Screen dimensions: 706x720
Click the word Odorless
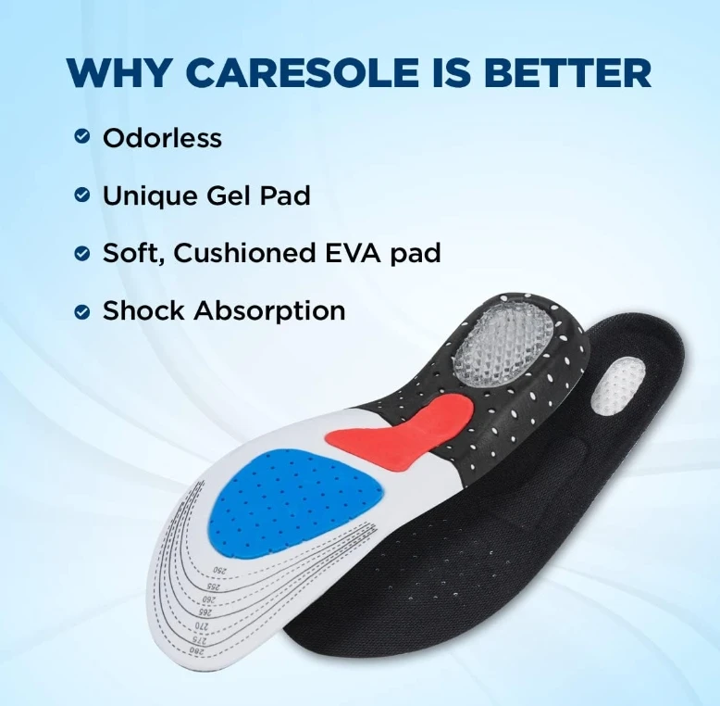(162, 138)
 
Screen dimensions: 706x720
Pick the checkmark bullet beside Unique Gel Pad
(82, 195)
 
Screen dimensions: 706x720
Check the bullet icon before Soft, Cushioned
(82, 253)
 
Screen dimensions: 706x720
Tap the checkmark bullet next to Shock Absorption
(82, 311)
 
